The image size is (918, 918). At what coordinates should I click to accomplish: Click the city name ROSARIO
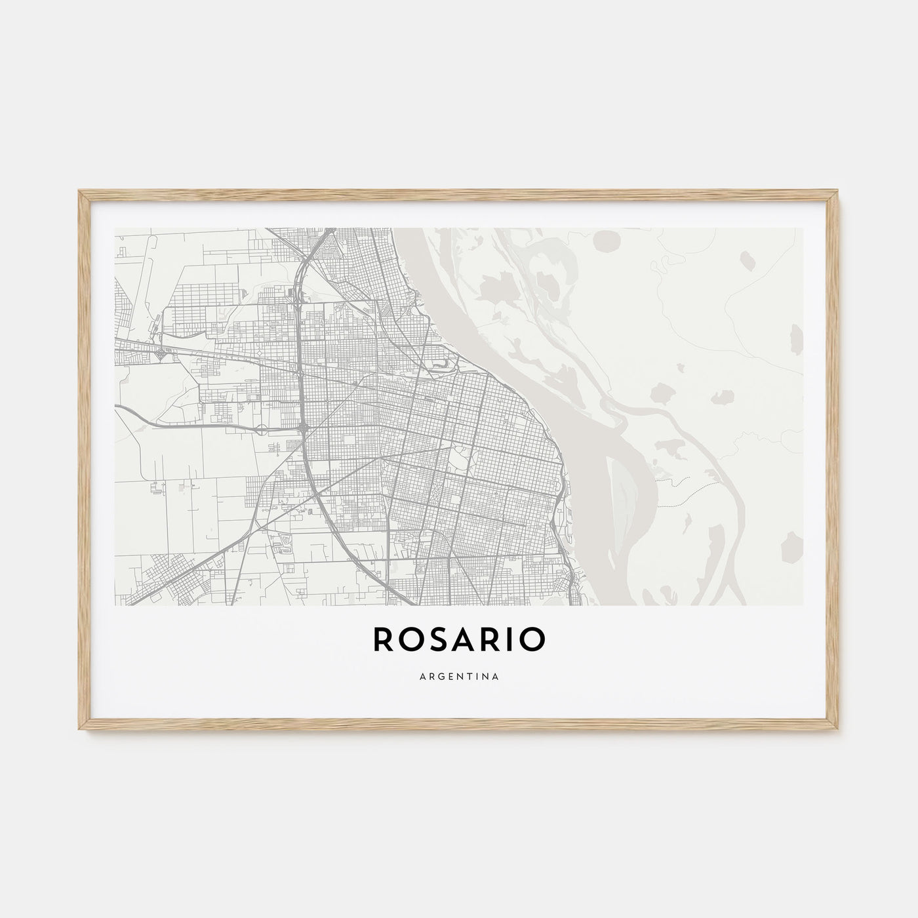tap(458, 641)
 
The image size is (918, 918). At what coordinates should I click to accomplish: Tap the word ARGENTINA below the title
tap(458, 676)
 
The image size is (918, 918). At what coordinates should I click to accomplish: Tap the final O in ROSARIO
tap(530, 641)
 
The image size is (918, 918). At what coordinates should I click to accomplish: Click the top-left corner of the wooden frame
tap(79, 191)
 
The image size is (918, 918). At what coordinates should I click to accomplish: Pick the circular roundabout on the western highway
tap(261, 430)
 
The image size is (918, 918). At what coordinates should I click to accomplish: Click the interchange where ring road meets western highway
tap(301, 429)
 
